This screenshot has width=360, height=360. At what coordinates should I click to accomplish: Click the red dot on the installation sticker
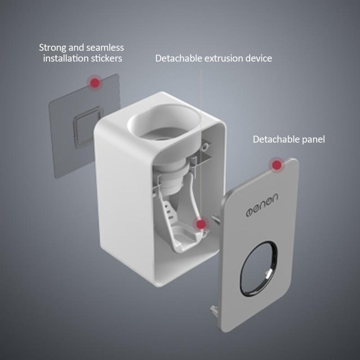pos(94,83)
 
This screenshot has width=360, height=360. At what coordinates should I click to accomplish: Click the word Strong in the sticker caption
pos(52,48)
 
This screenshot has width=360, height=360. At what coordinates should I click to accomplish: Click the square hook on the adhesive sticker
pos(88,127)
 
